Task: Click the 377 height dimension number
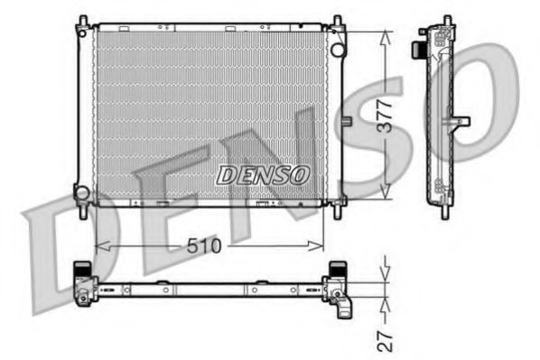click(x=386, y=115)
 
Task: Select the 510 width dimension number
click(x=209, y=245)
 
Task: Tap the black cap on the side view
click(x=421, y=46)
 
